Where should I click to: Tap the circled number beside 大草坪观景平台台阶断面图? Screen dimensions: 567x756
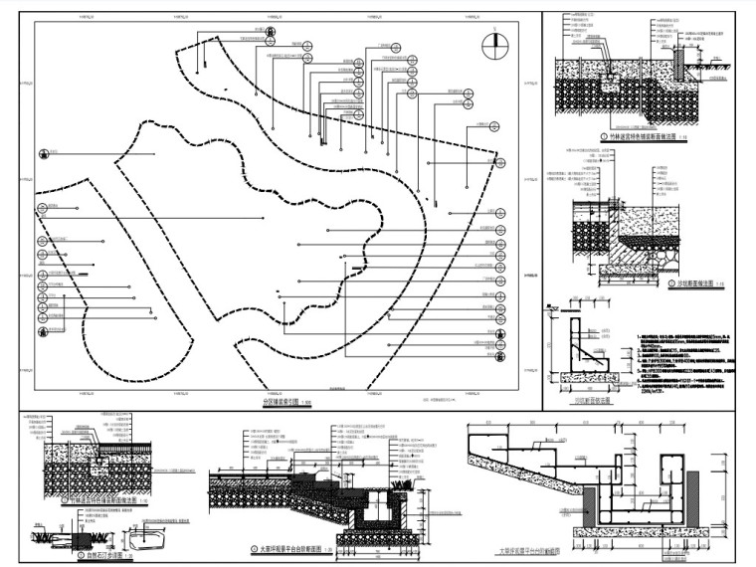click(254, 548)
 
